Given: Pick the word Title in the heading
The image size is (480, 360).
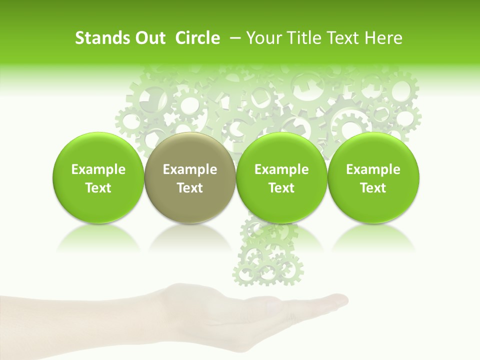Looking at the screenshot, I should (305, 38).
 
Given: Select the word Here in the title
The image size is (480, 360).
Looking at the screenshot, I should (385, 38).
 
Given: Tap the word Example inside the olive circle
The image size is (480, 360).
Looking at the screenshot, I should (190, 170).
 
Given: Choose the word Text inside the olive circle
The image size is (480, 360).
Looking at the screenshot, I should (190, 188).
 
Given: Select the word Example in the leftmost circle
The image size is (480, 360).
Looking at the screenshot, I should (98, 170).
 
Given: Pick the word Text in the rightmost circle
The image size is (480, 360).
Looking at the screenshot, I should (373, 188).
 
